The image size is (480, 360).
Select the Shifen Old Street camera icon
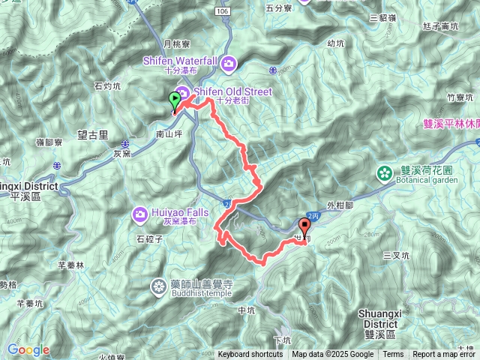click(182, 91)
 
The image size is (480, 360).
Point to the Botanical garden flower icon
click(385, 174)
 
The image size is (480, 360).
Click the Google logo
click(28, 350)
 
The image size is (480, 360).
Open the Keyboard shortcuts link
click(250, 355)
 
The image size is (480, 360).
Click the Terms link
click(393, 355)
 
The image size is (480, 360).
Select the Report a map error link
click(445, 355)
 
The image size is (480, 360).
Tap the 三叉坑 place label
click(395, 255)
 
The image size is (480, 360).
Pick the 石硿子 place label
click(150, 240)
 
